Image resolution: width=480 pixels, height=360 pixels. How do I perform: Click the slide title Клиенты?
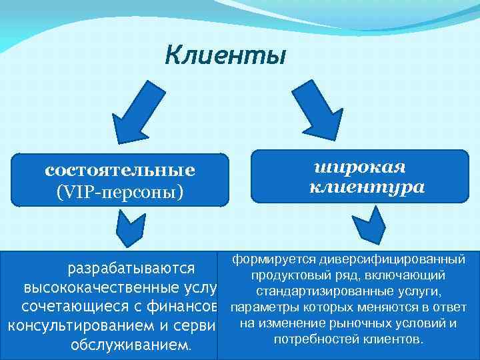225,55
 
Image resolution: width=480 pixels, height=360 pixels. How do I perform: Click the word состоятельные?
120,170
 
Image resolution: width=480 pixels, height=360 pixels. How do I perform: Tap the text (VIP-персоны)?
120,191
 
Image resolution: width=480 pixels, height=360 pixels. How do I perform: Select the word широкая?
360,166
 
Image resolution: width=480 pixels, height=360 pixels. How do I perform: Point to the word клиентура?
367,187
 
